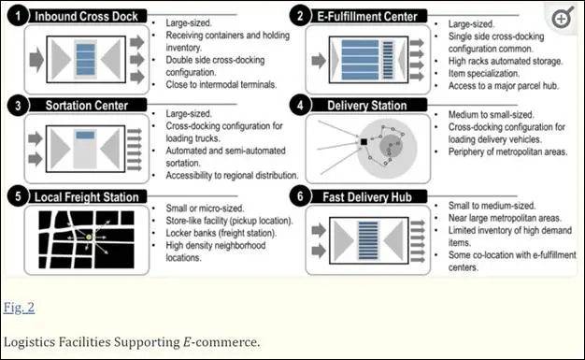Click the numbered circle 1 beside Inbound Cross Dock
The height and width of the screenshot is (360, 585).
(18, 17)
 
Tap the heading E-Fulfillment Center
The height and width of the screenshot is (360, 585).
(367, 17)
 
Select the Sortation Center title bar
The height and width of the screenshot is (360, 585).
(87, 106)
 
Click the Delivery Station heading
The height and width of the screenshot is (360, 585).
(367, 106)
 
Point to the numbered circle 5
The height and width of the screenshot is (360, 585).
(18, 196)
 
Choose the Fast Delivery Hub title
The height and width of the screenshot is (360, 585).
(367, 196)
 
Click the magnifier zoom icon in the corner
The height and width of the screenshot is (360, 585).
(563, 18)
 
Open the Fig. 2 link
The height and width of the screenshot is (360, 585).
(19, 308)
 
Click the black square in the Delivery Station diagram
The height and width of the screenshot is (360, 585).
(364, 142)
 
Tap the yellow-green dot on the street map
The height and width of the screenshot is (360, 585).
(89, 238)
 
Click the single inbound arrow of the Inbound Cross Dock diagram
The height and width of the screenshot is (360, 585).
(36, 60)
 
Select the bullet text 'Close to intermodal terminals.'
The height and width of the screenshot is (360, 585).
(221, 85)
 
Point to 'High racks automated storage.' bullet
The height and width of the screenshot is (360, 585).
(506, 61)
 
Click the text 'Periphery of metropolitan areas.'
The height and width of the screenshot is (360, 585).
(507, 152)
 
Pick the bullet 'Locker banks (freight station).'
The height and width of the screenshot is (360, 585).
(221, 233)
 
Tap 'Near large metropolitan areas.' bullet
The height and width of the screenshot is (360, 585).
(505, 218)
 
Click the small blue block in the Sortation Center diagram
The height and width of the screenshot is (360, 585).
(85, 135)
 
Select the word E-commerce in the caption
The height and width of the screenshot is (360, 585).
(221, 342)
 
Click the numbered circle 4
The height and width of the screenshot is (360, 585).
(300, 106)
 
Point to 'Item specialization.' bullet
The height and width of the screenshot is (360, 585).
(484, 74)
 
